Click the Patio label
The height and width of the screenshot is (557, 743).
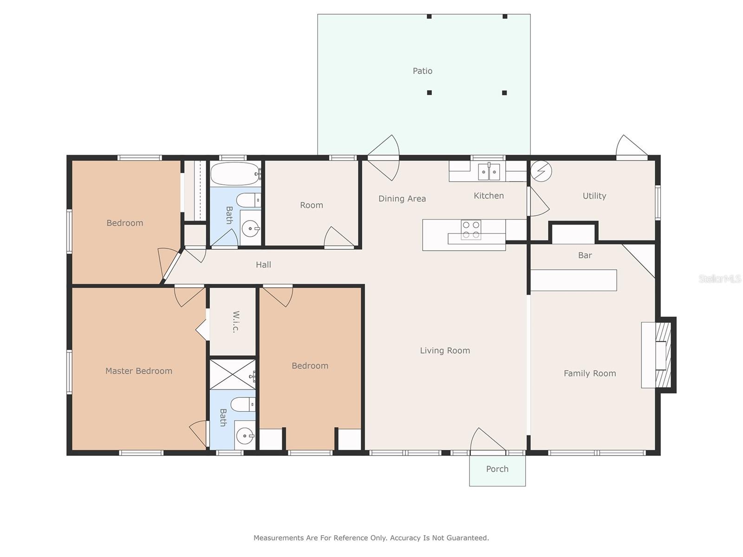pos(422,71)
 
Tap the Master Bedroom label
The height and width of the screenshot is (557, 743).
pos(138,371)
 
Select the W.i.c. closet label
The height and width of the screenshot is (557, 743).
pos(235,322)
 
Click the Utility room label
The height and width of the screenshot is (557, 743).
pos(594,196)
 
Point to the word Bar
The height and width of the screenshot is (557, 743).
pos(585,255)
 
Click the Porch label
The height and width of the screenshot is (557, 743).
pos(497,469)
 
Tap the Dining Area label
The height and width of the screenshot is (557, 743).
pos(402,199)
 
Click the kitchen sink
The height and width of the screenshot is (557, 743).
pos(489,172)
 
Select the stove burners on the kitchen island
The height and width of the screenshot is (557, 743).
pos(471,230)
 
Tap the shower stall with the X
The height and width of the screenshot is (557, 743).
pos(232,374)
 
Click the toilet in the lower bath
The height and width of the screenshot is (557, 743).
pos(243,404)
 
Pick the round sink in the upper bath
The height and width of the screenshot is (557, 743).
pos(251,228)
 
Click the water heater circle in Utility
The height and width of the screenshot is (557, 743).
pos(541,171)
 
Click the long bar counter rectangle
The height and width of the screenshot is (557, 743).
pos(574,280)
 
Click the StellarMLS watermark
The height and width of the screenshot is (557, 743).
pos(719,278)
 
